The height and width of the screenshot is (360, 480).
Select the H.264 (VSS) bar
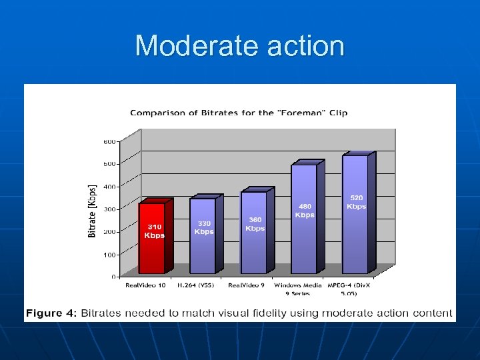point(203,253)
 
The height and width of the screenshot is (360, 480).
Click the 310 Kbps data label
point(155,231)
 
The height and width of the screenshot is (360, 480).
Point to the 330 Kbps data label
point(204,227)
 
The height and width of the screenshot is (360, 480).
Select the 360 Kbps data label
point(255,224)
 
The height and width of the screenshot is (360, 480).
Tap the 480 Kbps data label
point(305,211)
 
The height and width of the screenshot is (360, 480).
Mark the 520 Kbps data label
point(357,202)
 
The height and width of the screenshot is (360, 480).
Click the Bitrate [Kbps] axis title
point(92,211)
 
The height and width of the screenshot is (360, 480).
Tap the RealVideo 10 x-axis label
point(146,285)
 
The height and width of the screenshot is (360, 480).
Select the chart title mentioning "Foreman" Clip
point(239,113)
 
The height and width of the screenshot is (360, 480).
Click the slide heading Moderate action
point(240,46)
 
